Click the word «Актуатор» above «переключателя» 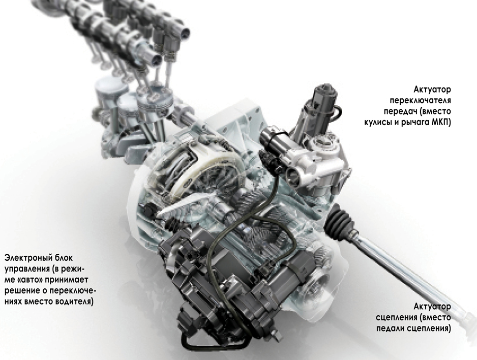coord(432,90)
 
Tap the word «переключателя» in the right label coord(421,101)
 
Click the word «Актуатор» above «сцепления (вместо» coord(432,307)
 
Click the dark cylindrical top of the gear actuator coord(324,97)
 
